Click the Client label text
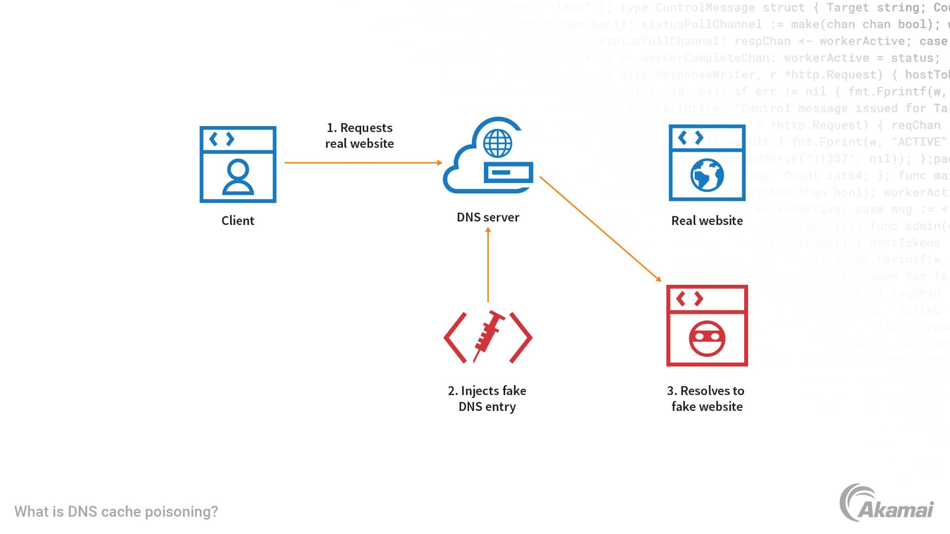(237, 221)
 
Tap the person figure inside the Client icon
(238, 177)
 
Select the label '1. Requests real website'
(360, 135)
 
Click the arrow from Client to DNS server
(363, 163)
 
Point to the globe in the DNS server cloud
(497, 143)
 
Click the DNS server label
(488, 217)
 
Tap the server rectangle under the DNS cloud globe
(508, 173)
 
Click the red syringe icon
(488, 336)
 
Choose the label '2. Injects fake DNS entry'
(487, 399)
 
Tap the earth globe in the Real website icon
(707, 175)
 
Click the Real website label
(707, 221)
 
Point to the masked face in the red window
(707, 339)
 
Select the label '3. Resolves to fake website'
(707, 399)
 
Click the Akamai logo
(886, 503)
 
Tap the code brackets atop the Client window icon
(222, 139)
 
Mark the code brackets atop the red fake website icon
(690, 299)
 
